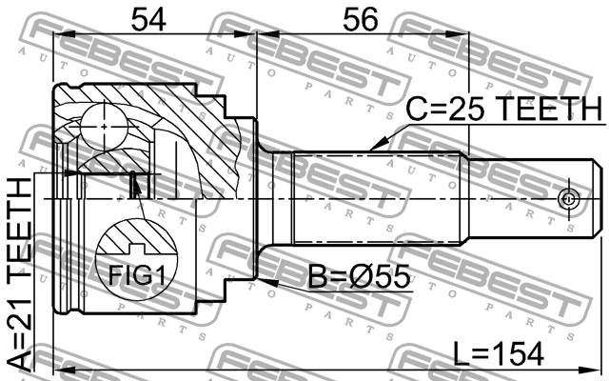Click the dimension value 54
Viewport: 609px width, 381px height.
point(153,19)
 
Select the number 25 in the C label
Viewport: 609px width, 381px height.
point(481,110)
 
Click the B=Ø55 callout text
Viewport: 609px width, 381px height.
point(360,278)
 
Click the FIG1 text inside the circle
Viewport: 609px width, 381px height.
point(134,276)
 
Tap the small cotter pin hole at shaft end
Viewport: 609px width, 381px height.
point(568,199)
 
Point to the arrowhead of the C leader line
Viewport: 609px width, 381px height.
point(373,150)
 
